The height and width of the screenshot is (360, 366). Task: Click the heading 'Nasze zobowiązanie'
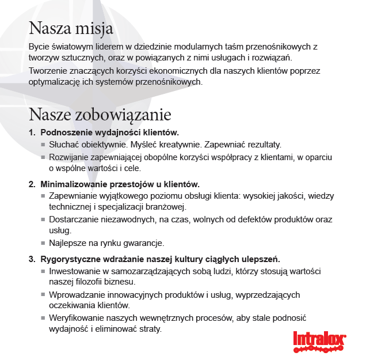click(x=100, y=114)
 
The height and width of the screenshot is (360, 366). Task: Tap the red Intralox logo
click(x=319, y=339)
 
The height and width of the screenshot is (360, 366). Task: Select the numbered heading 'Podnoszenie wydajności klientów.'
click(x=109, y=132)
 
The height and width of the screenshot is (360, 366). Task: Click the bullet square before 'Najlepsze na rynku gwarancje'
click(x=43, y=243)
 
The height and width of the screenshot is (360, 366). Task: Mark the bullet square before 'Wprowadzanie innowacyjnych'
click(x=43, y=295)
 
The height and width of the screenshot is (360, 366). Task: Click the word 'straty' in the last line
click(x=149, y=329)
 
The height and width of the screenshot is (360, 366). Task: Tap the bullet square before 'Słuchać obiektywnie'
click(x=43, y=145)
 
